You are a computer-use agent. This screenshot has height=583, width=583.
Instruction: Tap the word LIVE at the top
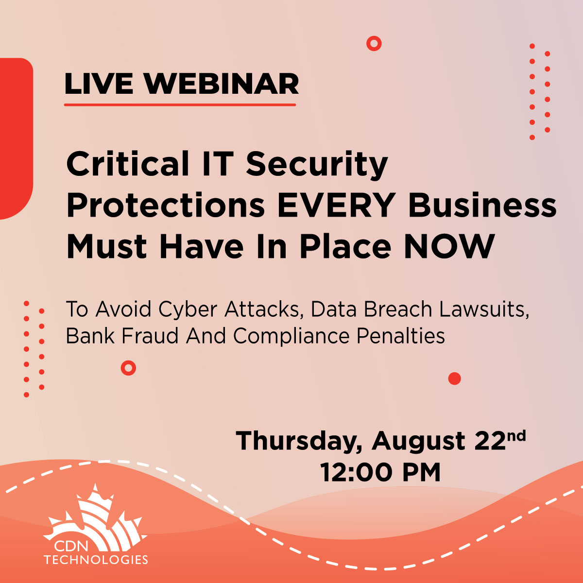[99, 84]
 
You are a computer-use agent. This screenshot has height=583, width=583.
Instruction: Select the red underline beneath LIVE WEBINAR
[180, 104]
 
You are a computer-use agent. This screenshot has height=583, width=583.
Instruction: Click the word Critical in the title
[128, 163]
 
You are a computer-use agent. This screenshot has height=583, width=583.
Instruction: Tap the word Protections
[166, 205]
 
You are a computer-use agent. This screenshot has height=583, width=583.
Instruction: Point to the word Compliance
[291, 337]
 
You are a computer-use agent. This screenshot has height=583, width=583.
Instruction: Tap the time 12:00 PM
[380, 472]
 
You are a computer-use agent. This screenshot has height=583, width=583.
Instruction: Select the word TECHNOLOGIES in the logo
[96, 559]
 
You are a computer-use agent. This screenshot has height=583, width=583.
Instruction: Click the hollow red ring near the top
[374, 44]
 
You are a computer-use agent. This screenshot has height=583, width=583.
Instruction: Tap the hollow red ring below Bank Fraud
[128, 368]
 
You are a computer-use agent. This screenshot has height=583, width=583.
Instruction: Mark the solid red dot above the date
[454, 378]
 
